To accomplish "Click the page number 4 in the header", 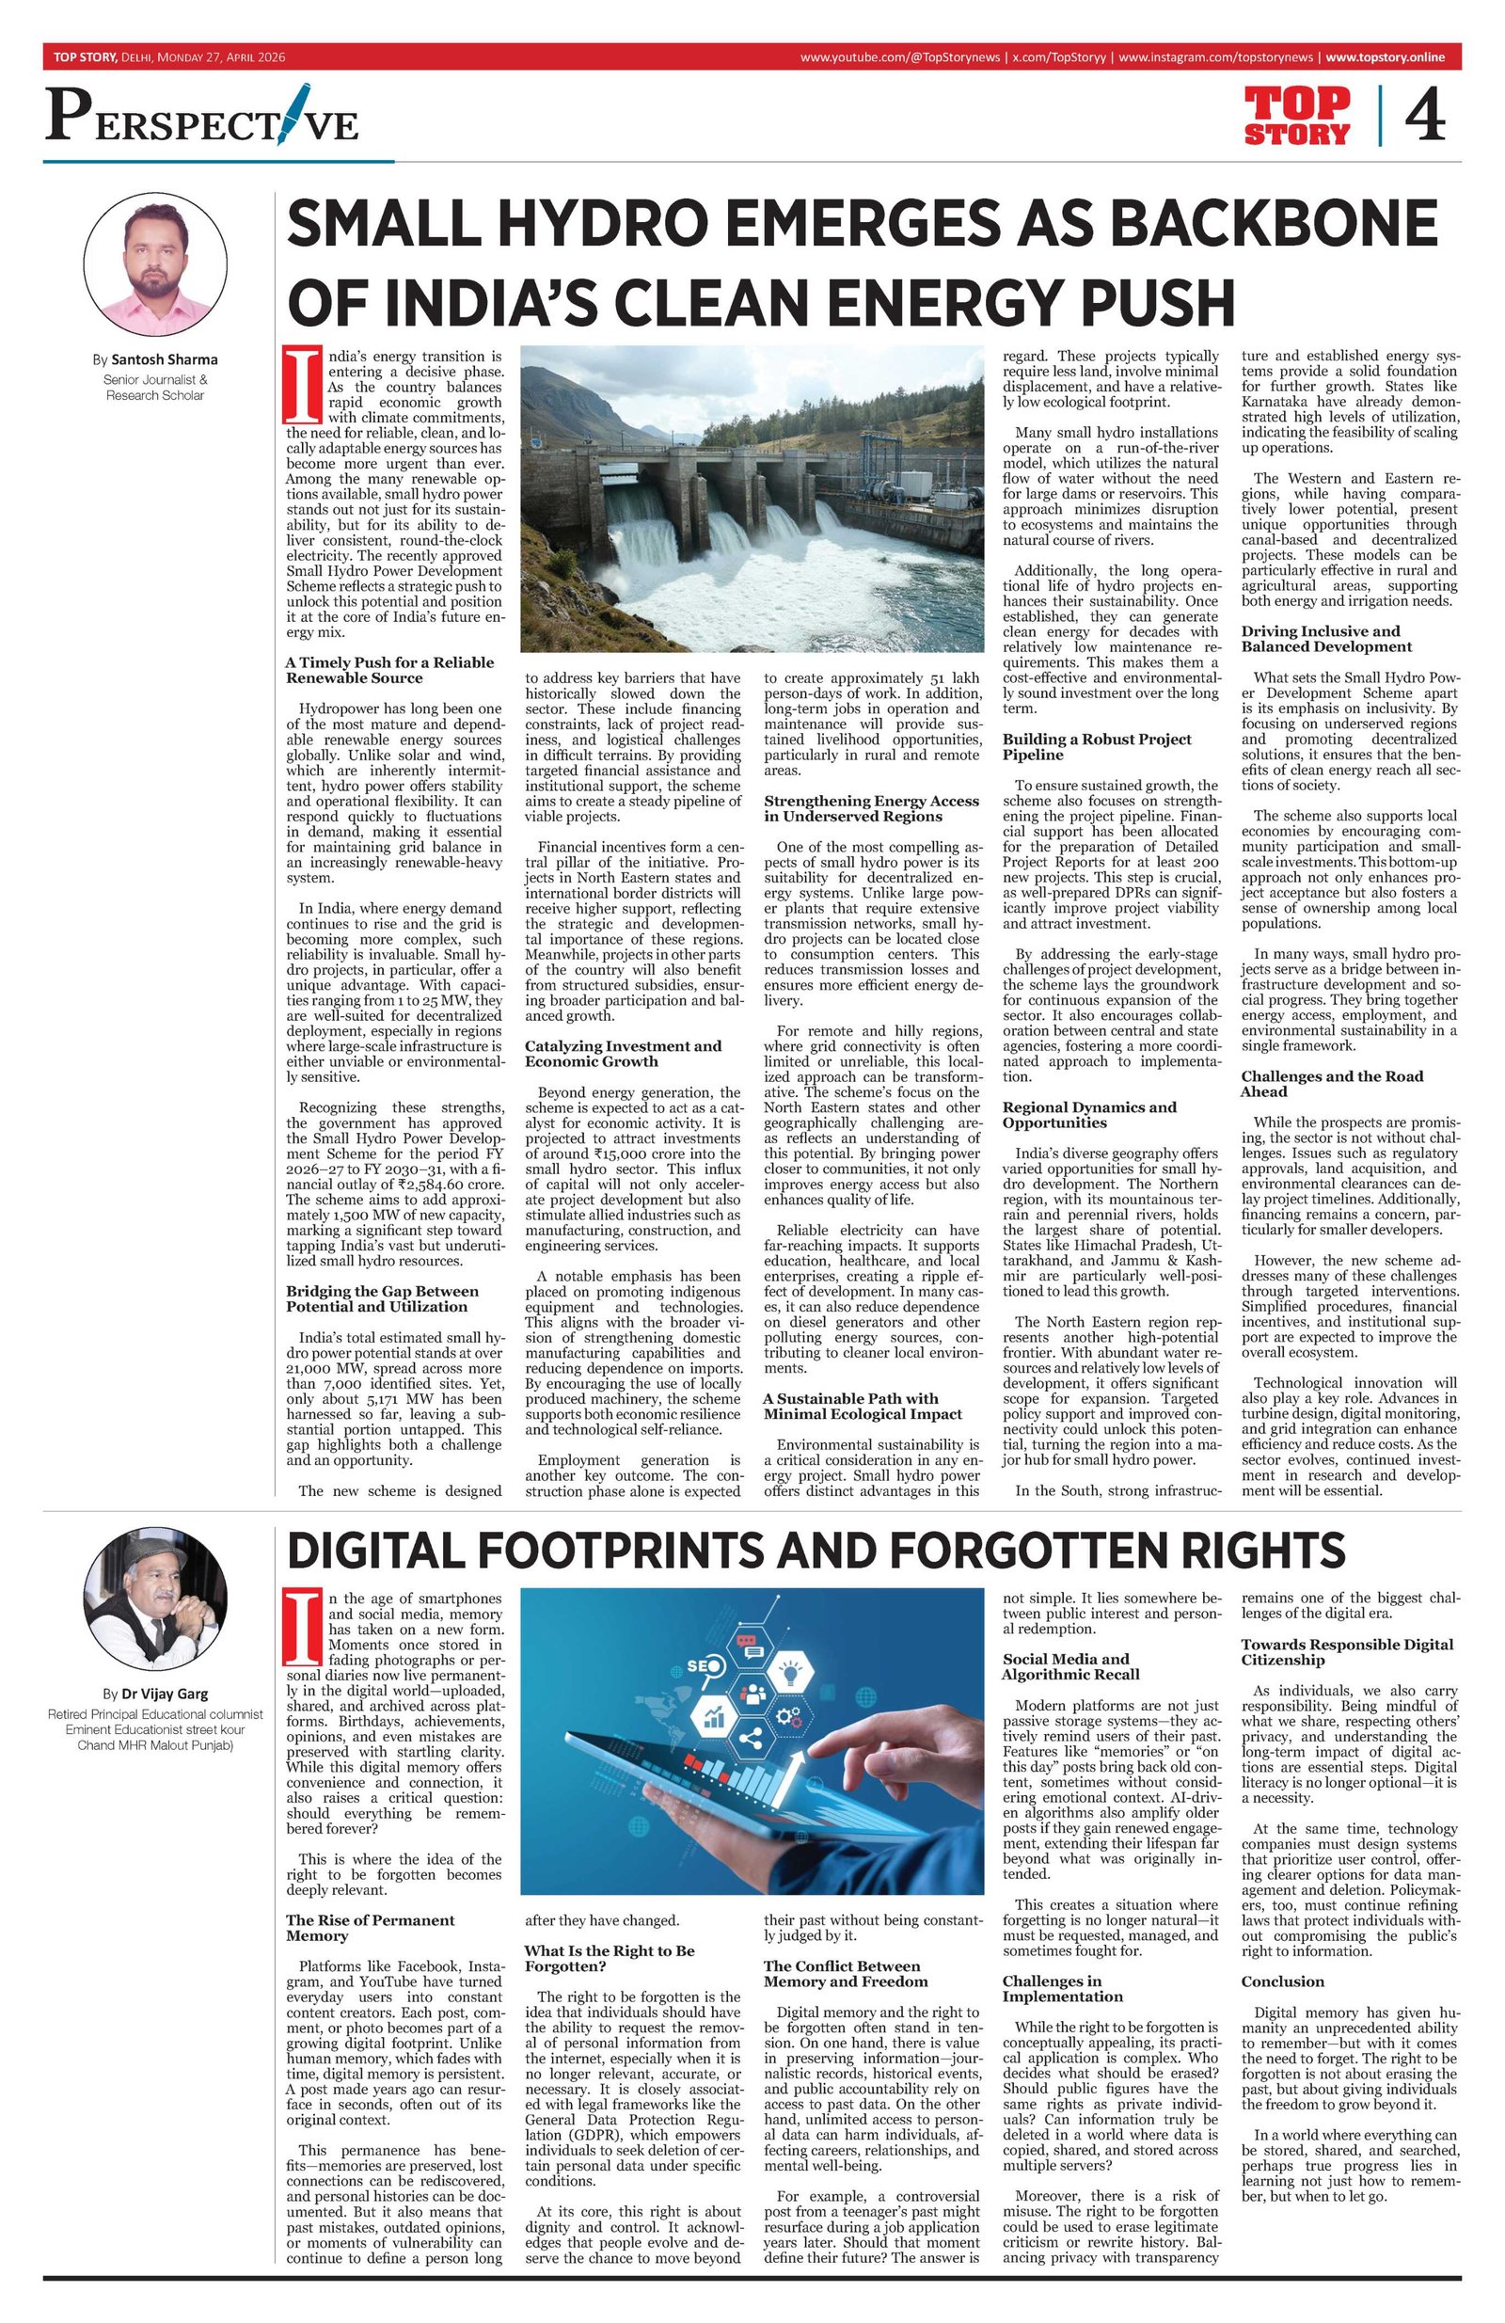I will pos(1424,115).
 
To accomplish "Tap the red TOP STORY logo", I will pos(1297,115).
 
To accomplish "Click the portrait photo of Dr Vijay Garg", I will pos(155,1607).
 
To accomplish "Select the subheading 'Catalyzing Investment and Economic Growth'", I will pos(623,1053).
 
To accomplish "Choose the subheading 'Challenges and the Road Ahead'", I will pos(1331,1084).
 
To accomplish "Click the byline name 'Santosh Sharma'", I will pos(164,359).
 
